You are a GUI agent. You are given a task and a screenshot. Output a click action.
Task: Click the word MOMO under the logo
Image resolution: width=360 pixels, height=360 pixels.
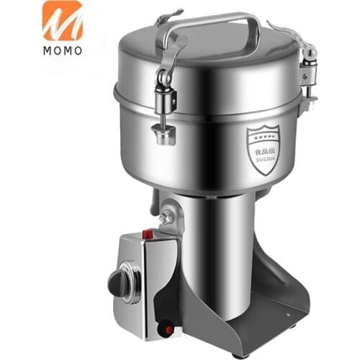(62, 51)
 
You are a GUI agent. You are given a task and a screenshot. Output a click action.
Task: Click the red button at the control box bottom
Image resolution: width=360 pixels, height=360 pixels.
(168, 330)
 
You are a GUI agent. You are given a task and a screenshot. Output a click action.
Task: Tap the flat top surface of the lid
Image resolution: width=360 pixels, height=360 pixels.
(216, 54)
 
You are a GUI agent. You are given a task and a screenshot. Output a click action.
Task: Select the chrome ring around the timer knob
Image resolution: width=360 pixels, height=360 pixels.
(132, 276)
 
